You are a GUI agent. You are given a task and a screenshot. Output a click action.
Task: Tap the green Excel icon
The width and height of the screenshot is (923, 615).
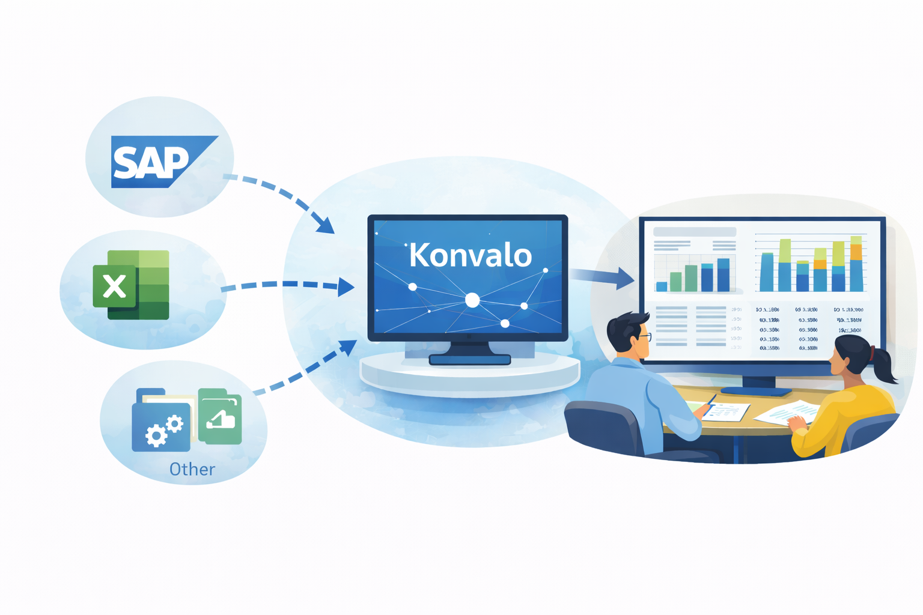[131, 285]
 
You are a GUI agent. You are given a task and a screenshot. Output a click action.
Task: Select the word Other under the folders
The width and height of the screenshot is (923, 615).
[192, 469]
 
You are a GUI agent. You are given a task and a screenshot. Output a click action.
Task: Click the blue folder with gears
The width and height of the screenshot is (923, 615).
[160, 424]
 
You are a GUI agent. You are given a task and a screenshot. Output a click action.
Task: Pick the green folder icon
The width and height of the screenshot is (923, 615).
[221, 416]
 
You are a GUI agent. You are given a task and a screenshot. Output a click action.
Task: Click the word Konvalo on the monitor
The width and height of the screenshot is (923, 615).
[470, 256]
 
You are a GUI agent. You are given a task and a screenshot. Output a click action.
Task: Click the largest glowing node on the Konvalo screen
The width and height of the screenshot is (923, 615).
[472, 300]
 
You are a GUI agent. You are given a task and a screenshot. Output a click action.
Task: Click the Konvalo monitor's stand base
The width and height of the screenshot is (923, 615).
[469, 360]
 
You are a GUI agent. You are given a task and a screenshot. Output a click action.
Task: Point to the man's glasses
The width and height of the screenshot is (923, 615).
[645, 337]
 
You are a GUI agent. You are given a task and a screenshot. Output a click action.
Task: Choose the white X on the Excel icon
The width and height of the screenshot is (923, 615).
[114, 286]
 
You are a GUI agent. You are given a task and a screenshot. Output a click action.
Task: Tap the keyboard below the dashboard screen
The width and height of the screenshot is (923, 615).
[756, 392]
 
